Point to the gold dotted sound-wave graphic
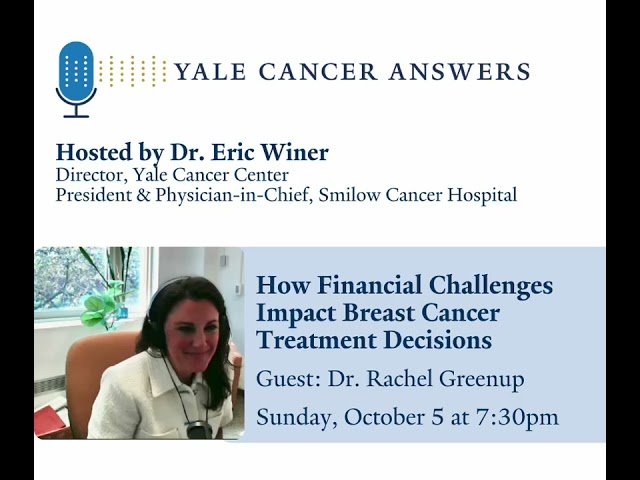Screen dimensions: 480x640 click(x=134, y=71)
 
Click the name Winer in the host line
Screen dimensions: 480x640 click(x=295, y=153)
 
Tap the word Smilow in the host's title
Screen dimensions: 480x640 click(x=346, y=196)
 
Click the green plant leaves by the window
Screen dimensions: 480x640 click(x=100, y=305)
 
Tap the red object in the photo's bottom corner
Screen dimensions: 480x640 click(x=48, y=419)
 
